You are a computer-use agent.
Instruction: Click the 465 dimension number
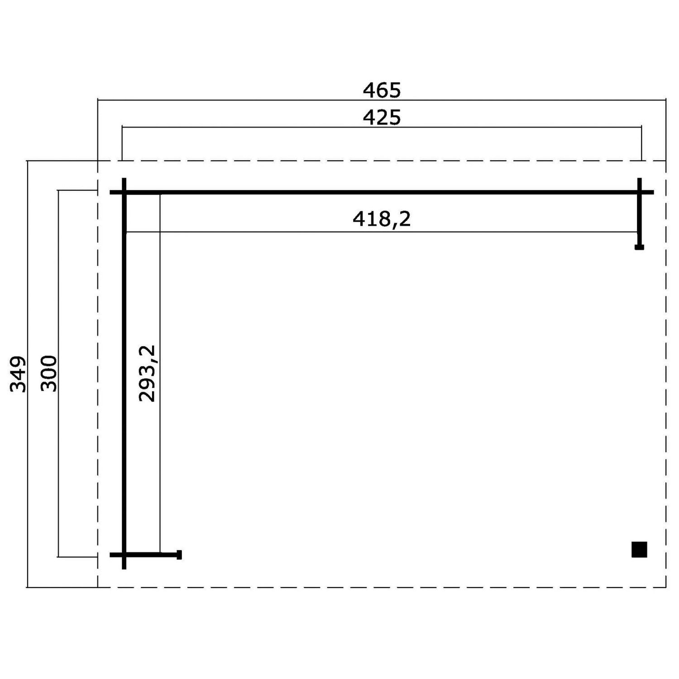coord(382,90)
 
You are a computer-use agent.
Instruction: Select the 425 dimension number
coord(382,118)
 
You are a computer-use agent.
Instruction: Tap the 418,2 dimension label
coord(382,219)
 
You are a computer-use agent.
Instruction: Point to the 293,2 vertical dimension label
coord(147,373)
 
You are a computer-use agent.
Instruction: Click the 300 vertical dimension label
coord(49,373)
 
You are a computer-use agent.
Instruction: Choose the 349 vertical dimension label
coord(18,374)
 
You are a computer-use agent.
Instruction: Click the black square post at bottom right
coord(639,550)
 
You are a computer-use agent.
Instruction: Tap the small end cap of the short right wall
coord(639,247)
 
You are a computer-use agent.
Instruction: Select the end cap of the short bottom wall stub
coord(179,555)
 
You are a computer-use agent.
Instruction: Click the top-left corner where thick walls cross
coord(124,192)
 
